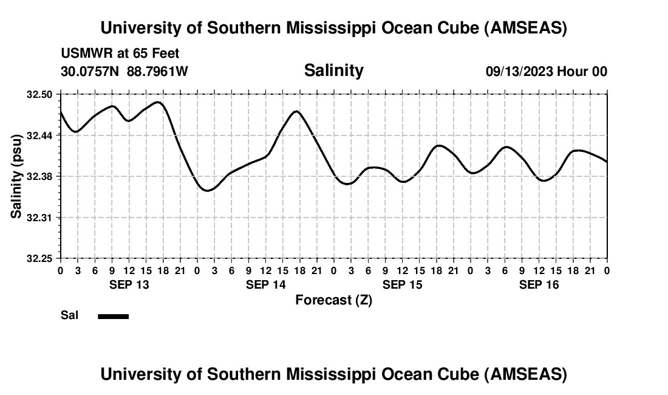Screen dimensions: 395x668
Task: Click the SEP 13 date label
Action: point(129,284)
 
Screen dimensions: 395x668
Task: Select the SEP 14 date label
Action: point(265,284)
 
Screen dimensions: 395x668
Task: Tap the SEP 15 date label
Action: point(402,284)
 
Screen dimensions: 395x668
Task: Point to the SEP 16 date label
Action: point(539,284)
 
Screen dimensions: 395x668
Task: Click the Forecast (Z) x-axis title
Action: point(333,300)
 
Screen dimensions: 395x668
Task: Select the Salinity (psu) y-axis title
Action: point(16,176)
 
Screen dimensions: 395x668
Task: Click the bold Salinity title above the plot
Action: point(333,70)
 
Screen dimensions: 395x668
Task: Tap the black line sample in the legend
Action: point(114,316)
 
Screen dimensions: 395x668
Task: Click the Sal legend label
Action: point(70,315)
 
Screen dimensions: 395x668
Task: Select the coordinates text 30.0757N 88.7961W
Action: point(124,71)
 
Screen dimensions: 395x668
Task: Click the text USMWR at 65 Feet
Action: point(120,53)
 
